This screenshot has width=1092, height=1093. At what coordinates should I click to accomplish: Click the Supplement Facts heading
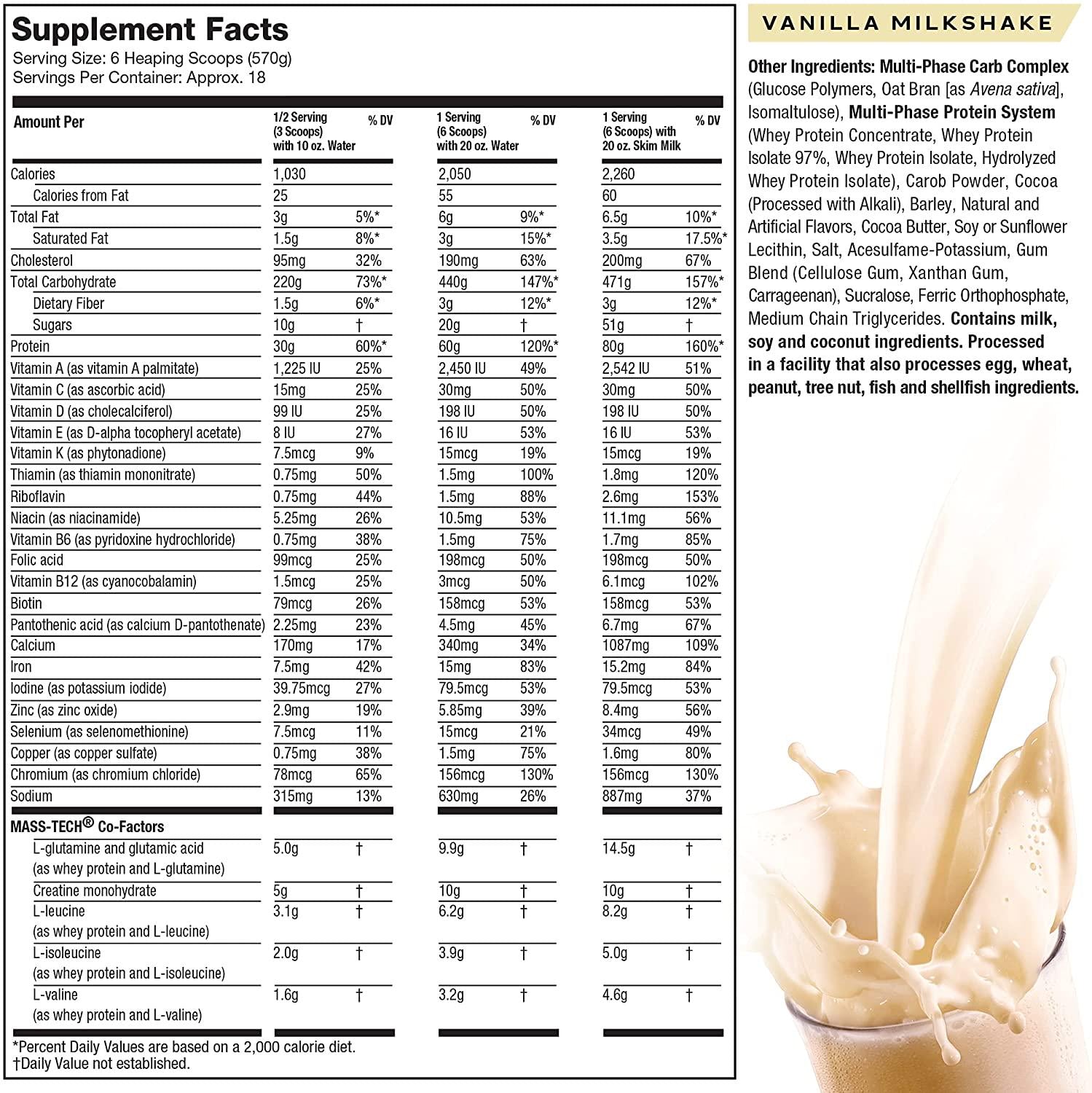click(150, 29)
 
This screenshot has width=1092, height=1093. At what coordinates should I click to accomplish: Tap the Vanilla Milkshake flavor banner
click(907, 23)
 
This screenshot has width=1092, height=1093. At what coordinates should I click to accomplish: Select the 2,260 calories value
click(618, 174)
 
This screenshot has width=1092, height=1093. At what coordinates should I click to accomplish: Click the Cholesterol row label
click(42, 261)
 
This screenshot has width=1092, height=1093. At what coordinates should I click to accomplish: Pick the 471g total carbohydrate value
click(618, 282)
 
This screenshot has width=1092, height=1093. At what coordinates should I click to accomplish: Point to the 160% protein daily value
click(704, 347)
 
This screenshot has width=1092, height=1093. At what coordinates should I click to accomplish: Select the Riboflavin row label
click(38, 497)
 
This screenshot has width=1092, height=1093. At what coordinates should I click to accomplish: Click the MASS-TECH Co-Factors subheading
click(87, 826)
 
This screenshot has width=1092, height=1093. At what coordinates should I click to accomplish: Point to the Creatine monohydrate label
click(95, 890)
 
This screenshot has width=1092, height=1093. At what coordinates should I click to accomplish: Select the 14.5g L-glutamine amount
click(618, 849)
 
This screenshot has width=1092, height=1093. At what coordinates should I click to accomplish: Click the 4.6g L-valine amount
click(615, 995)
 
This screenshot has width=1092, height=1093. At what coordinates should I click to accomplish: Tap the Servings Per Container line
click(139, 77)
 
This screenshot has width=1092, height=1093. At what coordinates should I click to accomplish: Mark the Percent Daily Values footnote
click(185, 1047)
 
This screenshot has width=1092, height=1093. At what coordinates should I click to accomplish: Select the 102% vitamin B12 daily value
click(701, 581)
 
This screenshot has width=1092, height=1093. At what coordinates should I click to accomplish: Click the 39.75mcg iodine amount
click(302, 689)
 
